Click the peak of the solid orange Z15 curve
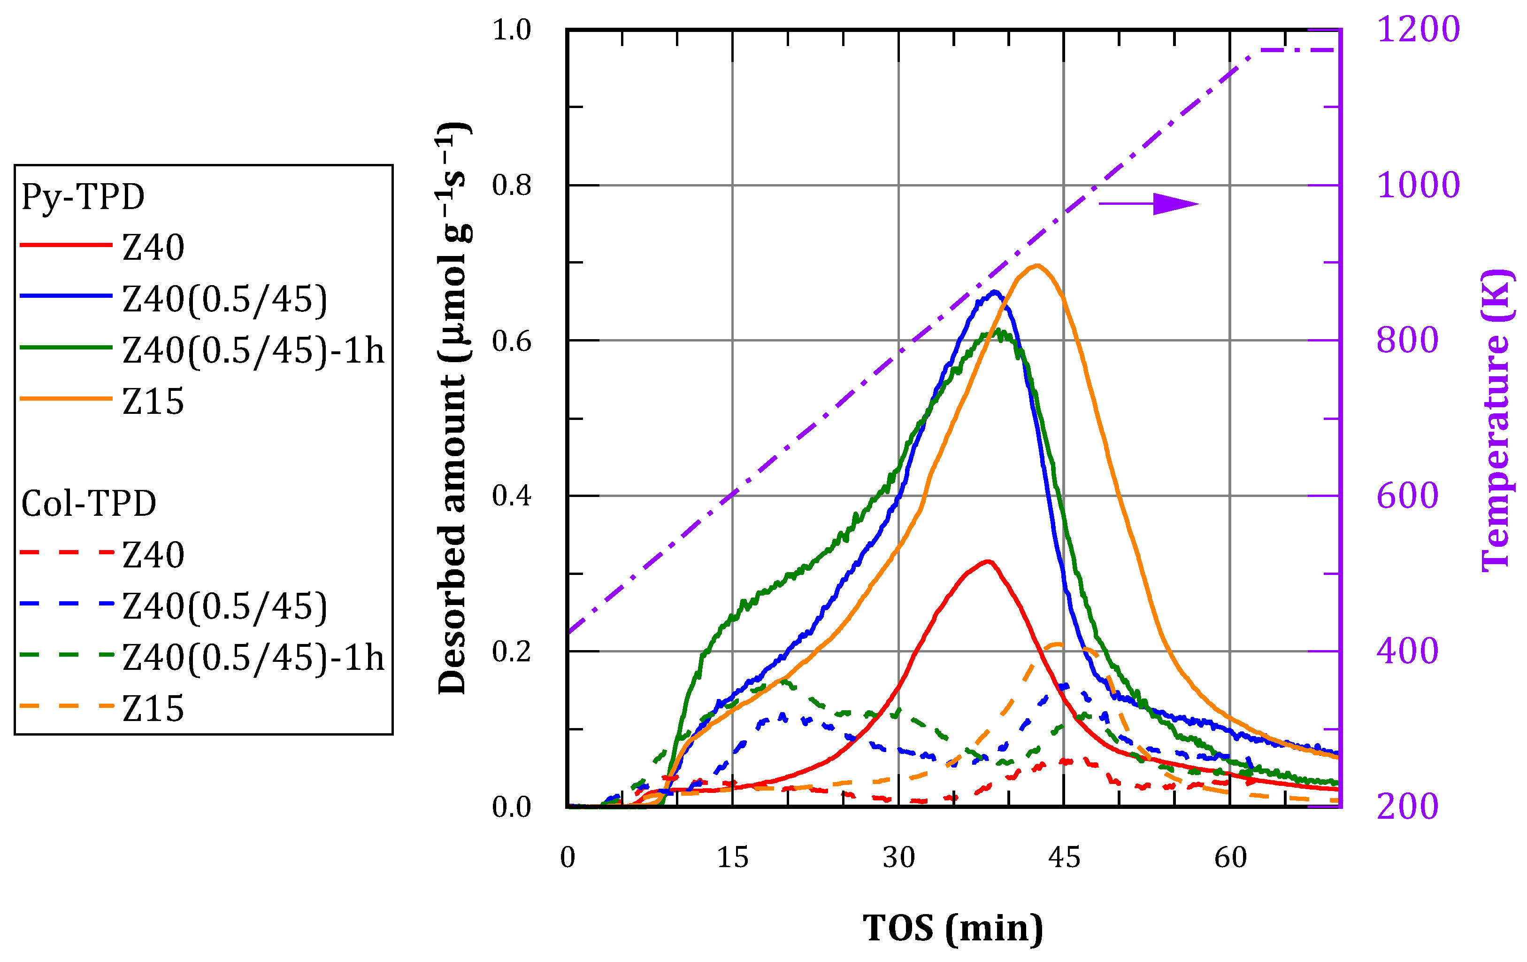[1037, 265]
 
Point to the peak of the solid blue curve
[994, 292]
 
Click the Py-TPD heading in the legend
[83, 197]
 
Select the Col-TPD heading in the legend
[89, 504]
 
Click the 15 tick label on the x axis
[732, 858]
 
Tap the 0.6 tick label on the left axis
[511, 341]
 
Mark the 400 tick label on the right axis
[1407, 651]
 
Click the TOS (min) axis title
[952, 928]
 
